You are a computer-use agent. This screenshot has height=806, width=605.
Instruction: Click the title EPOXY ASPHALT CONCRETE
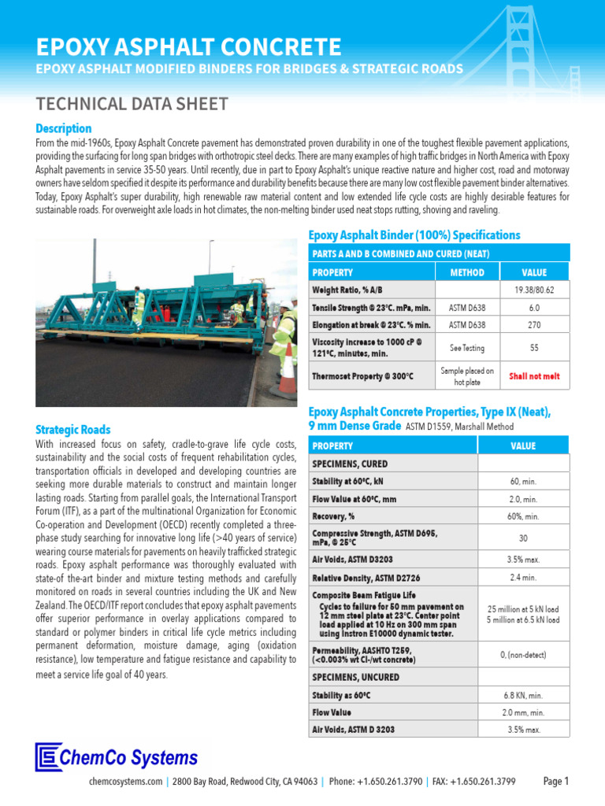click(188, 46)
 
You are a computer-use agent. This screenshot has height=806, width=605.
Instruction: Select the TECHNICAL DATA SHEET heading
click(132, 104)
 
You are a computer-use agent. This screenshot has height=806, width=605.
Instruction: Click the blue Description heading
click(64, 128)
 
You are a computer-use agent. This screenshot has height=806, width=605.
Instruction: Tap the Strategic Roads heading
click(73, 430)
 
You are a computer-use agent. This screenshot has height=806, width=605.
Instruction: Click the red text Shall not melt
click(533, 376)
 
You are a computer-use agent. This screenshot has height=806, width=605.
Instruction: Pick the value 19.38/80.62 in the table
click(533, 290)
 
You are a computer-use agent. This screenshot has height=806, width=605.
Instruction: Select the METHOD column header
click(467, 272)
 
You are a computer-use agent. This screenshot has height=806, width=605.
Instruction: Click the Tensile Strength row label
click(371, 308)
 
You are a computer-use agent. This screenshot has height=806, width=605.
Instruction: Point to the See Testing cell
click(467, 347)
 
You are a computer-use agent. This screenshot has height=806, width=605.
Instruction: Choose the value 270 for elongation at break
click(533, 324)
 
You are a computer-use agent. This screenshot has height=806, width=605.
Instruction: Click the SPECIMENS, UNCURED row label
click(356, 677)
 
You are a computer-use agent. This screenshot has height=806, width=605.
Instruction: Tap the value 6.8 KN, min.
click(524, 696)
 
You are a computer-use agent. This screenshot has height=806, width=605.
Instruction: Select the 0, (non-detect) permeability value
click(524, 655)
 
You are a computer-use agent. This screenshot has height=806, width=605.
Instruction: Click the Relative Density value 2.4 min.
click(524, 577)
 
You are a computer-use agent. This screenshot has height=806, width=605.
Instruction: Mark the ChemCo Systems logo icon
click(48, 757)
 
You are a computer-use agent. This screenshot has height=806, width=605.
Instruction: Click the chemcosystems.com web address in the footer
click(127, 782)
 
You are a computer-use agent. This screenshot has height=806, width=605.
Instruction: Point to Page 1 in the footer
click(555, 782)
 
